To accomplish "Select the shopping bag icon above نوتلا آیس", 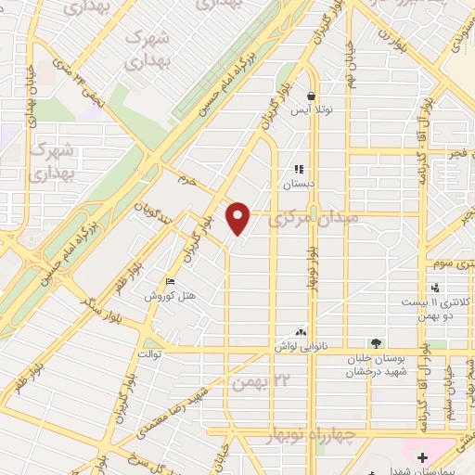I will click(x=311, y=96).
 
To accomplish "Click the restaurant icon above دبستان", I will click(x=299, y=169).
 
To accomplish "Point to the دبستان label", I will click(x=299, y=184).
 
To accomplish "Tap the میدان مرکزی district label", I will click(x=299, y=222).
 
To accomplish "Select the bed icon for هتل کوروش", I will click(x=169, y=282).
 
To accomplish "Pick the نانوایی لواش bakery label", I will click(x=301, y=346).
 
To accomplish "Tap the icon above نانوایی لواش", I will click(x=300, y=331).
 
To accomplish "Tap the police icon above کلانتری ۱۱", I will click(x=436, y=289).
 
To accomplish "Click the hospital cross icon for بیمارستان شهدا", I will click(x=422, y=457).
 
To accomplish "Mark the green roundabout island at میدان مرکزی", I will click(x=314, y=212).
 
